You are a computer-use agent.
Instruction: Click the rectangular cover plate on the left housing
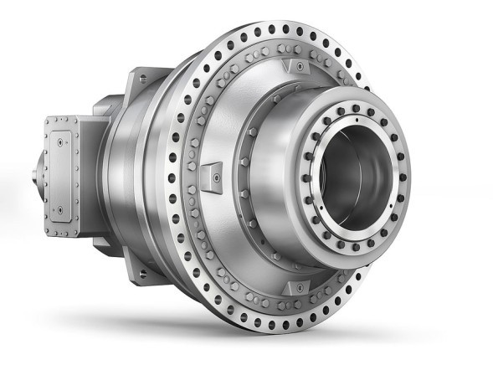(x=63, y=167)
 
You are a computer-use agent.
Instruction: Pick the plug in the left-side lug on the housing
(x=214, y=177)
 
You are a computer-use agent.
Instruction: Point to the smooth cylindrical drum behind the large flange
(x=134, y=176)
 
